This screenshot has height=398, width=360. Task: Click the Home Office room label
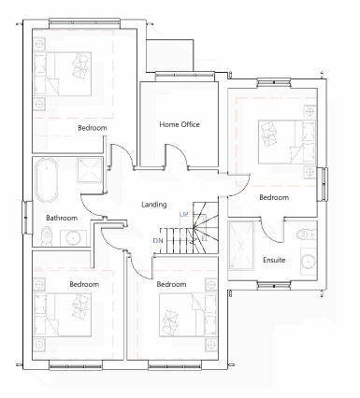[x=180, y=124]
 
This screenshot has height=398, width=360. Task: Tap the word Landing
[x=154, y=205]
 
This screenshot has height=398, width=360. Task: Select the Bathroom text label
[x=62, y=218]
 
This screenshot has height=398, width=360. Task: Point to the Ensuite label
[x=274, y=260]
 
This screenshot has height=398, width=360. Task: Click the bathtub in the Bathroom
[x=47, y=180]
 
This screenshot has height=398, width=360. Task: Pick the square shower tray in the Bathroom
[x=90, y=170]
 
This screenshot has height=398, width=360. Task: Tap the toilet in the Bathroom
[x=47, y=235]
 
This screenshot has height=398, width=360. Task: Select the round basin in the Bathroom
[x=73, y=238]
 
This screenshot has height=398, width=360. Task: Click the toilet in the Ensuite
[x=308, y=235]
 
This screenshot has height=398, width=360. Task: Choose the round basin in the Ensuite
[x=309, y=261]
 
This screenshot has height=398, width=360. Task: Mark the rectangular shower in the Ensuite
[x=241, y=246]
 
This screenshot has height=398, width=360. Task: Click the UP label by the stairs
[x=183, y=215]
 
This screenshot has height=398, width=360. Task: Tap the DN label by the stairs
[x=158, y=241]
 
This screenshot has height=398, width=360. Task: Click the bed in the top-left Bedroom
[x=63, y=74]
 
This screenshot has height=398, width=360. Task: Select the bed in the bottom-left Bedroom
[x=63, y=315]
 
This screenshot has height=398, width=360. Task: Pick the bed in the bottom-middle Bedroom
[x=188, y=315]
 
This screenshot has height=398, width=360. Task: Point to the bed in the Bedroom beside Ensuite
[x=287, y=142]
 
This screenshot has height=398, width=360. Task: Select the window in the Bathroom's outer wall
[x=27, y=218]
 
